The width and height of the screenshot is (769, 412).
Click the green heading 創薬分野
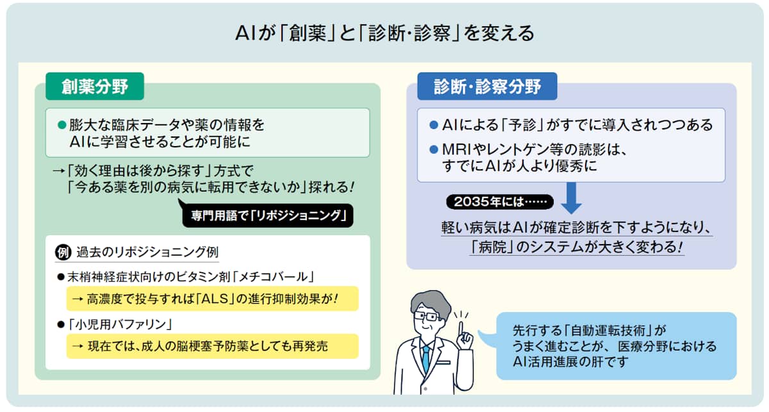point(94,87)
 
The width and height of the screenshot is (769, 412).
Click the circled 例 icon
point(63,251)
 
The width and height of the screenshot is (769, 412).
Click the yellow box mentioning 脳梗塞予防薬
point(211,346)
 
